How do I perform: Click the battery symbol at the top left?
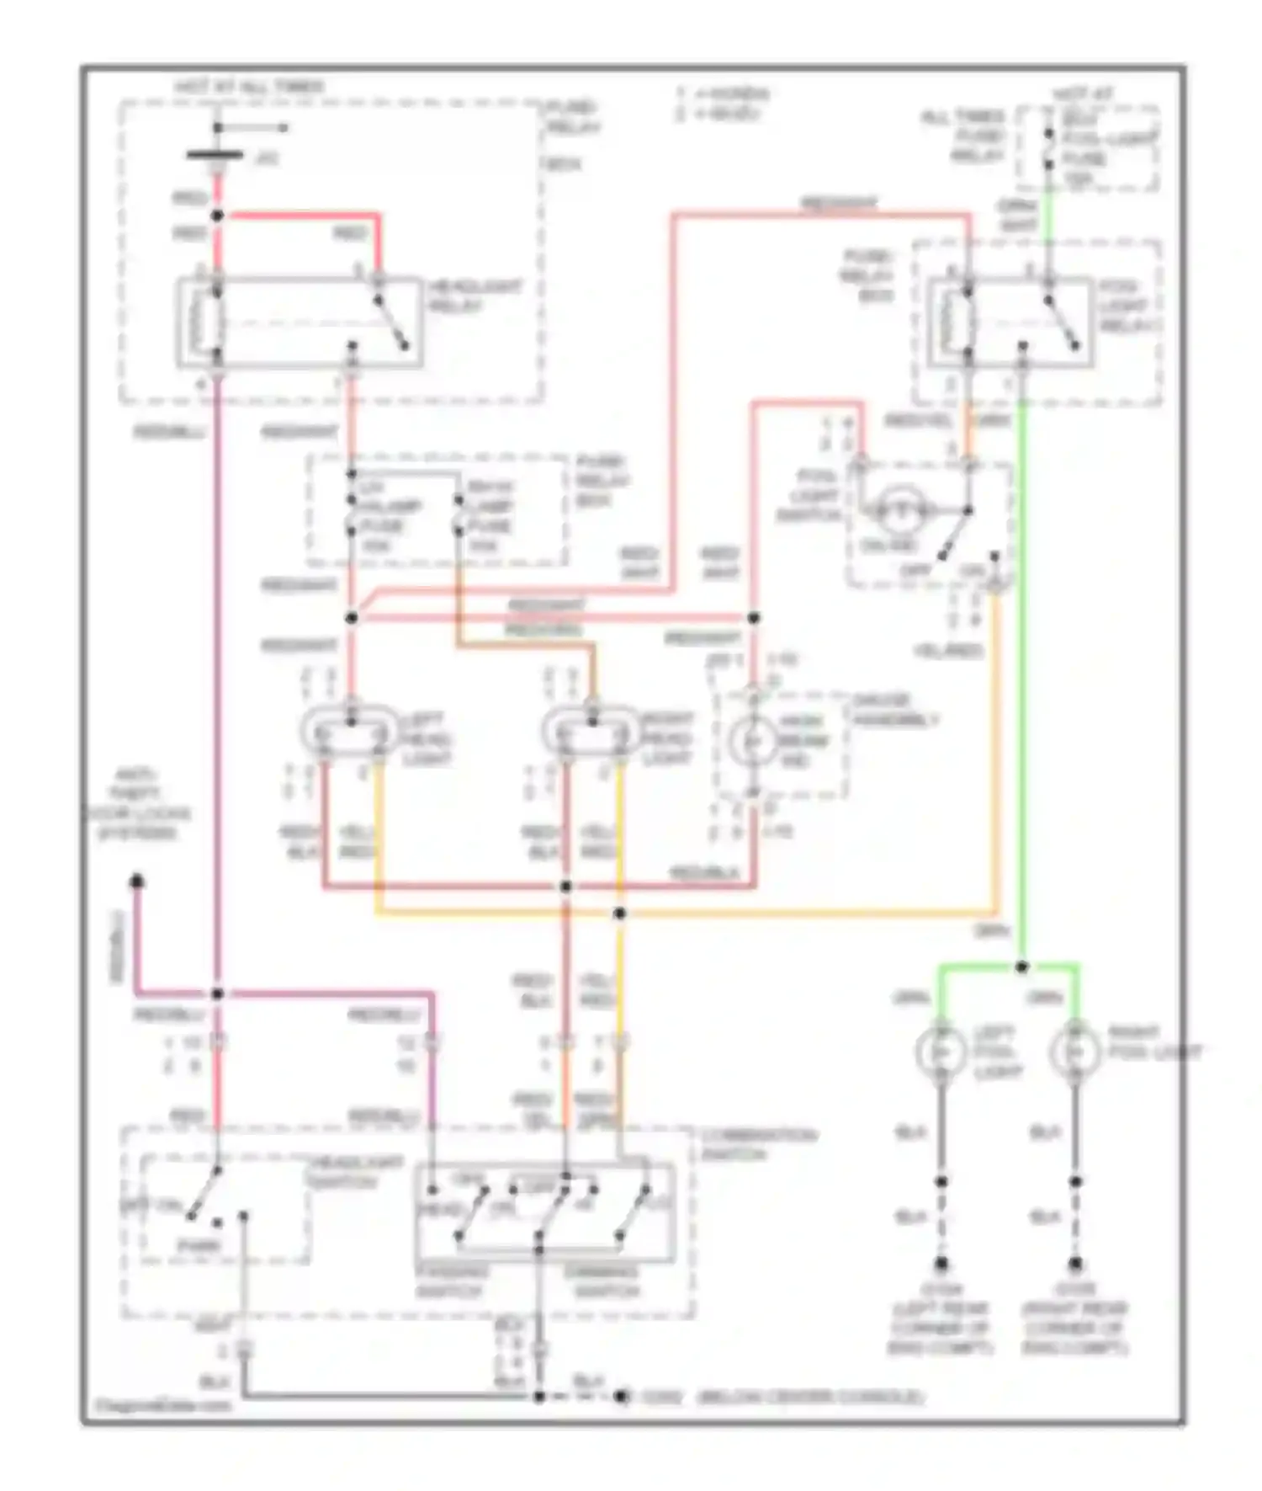coord(215,156)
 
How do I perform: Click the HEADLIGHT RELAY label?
coord(475,296)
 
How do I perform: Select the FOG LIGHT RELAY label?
coord(1130,306)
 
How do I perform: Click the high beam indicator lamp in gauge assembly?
coord(753,741)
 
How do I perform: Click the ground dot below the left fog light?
coord(941,1264)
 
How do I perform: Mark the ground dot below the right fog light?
coord(1074,1264)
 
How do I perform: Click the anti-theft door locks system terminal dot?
coord(136,881)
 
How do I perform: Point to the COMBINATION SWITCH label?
coord(758,1144)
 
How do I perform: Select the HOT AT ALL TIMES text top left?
coord(249,87)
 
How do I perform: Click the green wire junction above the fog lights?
coord(1021,966)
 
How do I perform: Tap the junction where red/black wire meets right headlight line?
coord(565,887)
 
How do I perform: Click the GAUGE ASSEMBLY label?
coord(894,710)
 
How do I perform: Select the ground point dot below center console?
coord(620,1397)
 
